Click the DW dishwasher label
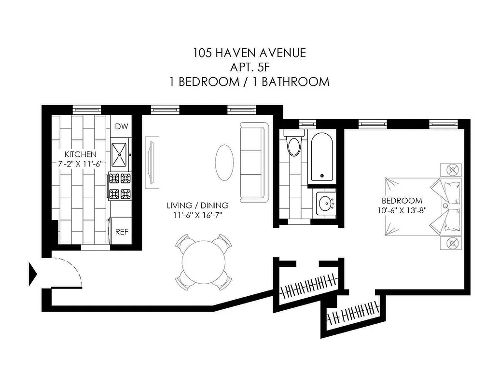(x=122, y=127)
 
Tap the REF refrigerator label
(x=122, y=232)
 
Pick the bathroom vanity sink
(x=325, y=202)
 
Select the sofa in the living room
(x=253, y=163)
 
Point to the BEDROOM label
(x=402, y=201)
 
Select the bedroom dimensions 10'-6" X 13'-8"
(x=402, y=210)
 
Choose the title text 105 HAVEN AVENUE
(x=249, y=53)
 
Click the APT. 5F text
(x=249, y=67)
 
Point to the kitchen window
(x=86, y=110)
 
